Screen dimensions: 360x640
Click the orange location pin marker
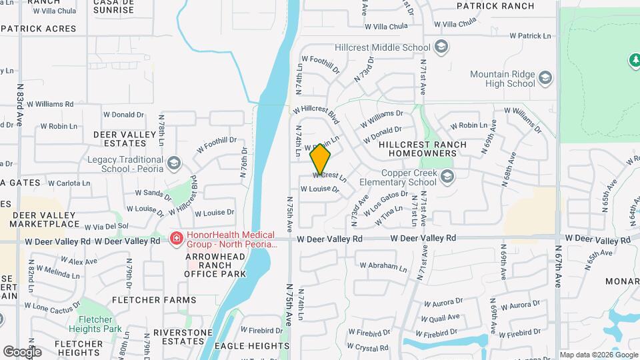click(321, 159)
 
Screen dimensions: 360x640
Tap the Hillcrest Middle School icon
click(440, 47)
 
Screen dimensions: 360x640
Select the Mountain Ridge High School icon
click(545, 79)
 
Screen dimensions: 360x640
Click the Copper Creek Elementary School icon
click(447, 176)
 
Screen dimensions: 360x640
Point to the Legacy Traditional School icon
click(173, 163)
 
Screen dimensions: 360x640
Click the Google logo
click(22, 352)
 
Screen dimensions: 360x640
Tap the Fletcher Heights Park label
click(94, 324)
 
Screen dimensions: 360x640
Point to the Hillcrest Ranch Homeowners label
click(417, 149)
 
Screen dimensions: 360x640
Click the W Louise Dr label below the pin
click(319, 189)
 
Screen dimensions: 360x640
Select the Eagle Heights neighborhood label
click(251, 346)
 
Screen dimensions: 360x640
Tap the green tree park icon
click(634, 61)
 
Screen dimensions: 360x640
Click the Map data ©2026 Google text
click(597, 355)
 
